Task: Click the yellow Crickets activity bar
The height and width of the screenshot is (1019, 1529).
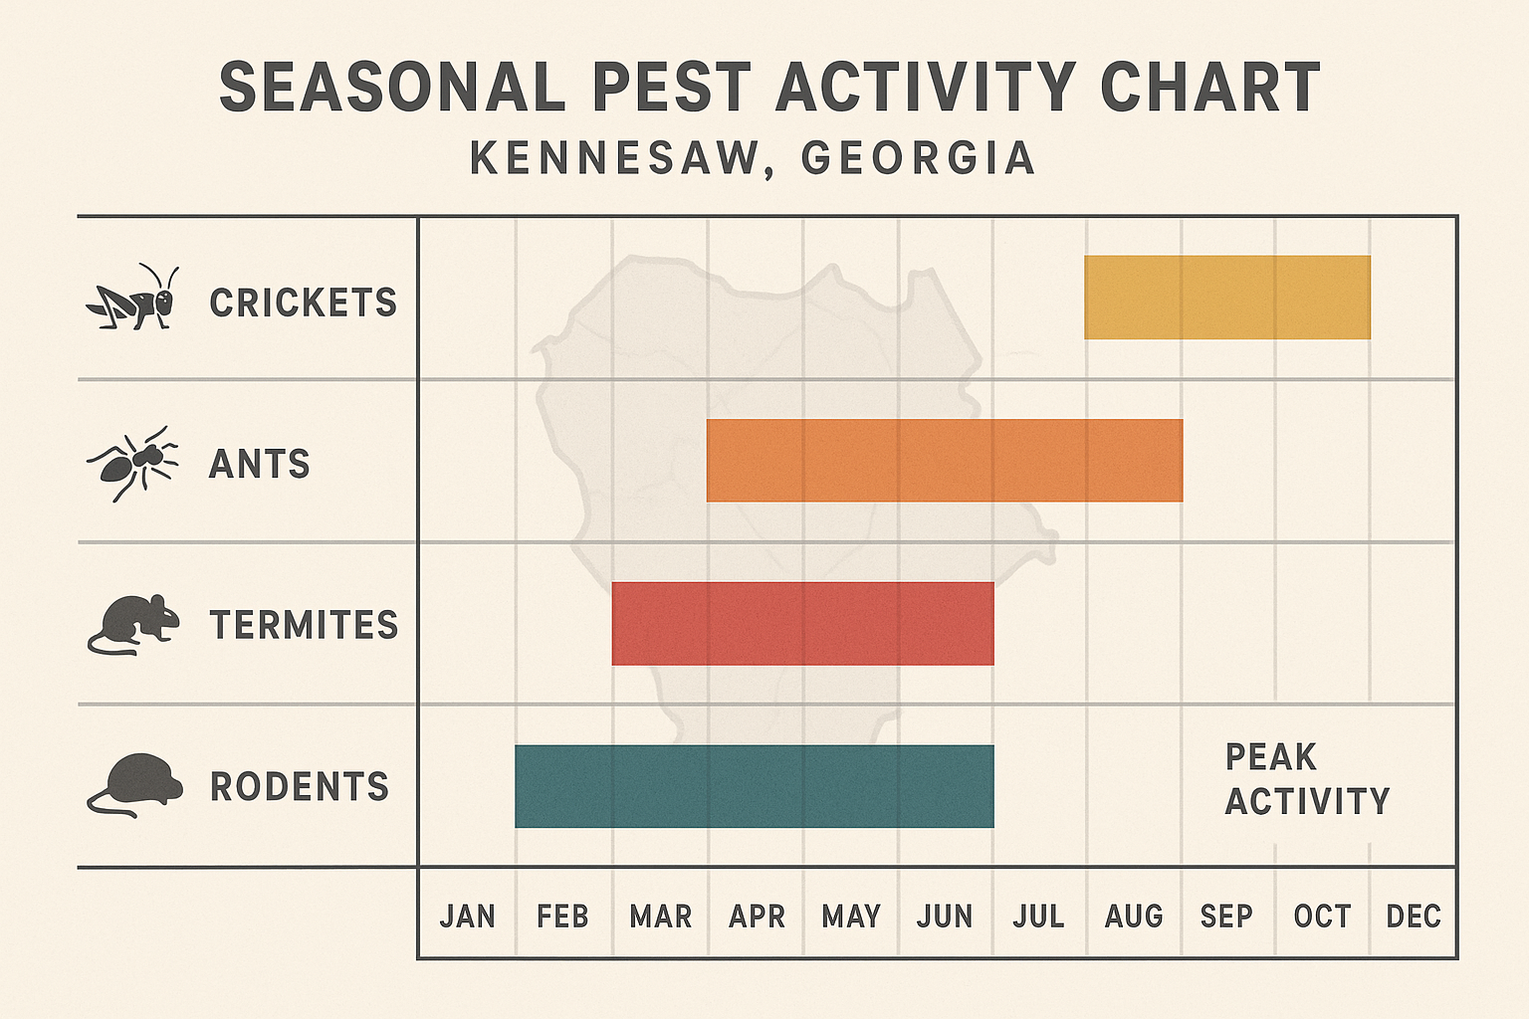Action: [x=1226, y=298]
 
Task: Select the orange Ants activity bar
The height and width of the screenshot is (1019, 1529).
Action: [x=945, y=461]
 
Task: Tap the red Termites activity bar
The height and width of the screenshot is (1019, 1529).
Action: [x=802, y=624]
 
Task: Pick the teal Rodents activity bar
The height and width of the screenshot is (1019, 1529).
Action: [x=754, y=786]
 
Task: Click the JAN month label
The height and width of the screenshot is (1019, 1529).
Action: [x=467, y=916]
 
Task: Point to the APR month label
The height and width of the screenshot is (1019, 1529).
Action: [x=757, y=916]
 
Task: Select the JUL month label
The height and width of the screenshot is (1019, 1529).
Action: [x=1038, y=916]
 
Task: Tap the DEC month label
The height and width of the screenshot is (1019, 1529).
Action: [x=1414, y=916]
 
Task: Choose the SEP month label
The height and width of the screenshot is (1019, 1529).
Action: [x=1226, y=916]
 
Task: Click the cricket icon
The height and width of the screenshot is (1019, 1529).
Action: [x=133, y=299]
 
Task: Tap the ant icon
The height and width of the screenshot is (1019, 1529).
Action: [x=133, y=463]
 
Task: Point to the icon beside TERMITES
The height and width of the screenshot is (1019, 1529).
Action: [x=133, y=625]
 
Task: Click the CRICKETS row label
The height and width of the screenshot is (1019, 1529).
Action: [x=303, y=303]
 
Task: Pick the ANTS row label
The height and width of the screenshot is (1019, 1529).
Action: [x=259, y=464]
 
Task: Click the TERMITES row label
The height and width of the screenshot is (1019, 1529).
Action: [x=304, y=625]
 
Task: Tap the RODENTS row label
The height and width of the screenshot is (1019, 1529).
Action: [x=299, y=786]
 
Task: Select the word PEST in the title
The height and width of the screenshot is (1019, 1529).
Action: [x=670, y=88]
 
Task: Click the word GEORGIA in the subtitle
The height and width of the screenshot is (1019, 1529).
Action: [x=918, y=158]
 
